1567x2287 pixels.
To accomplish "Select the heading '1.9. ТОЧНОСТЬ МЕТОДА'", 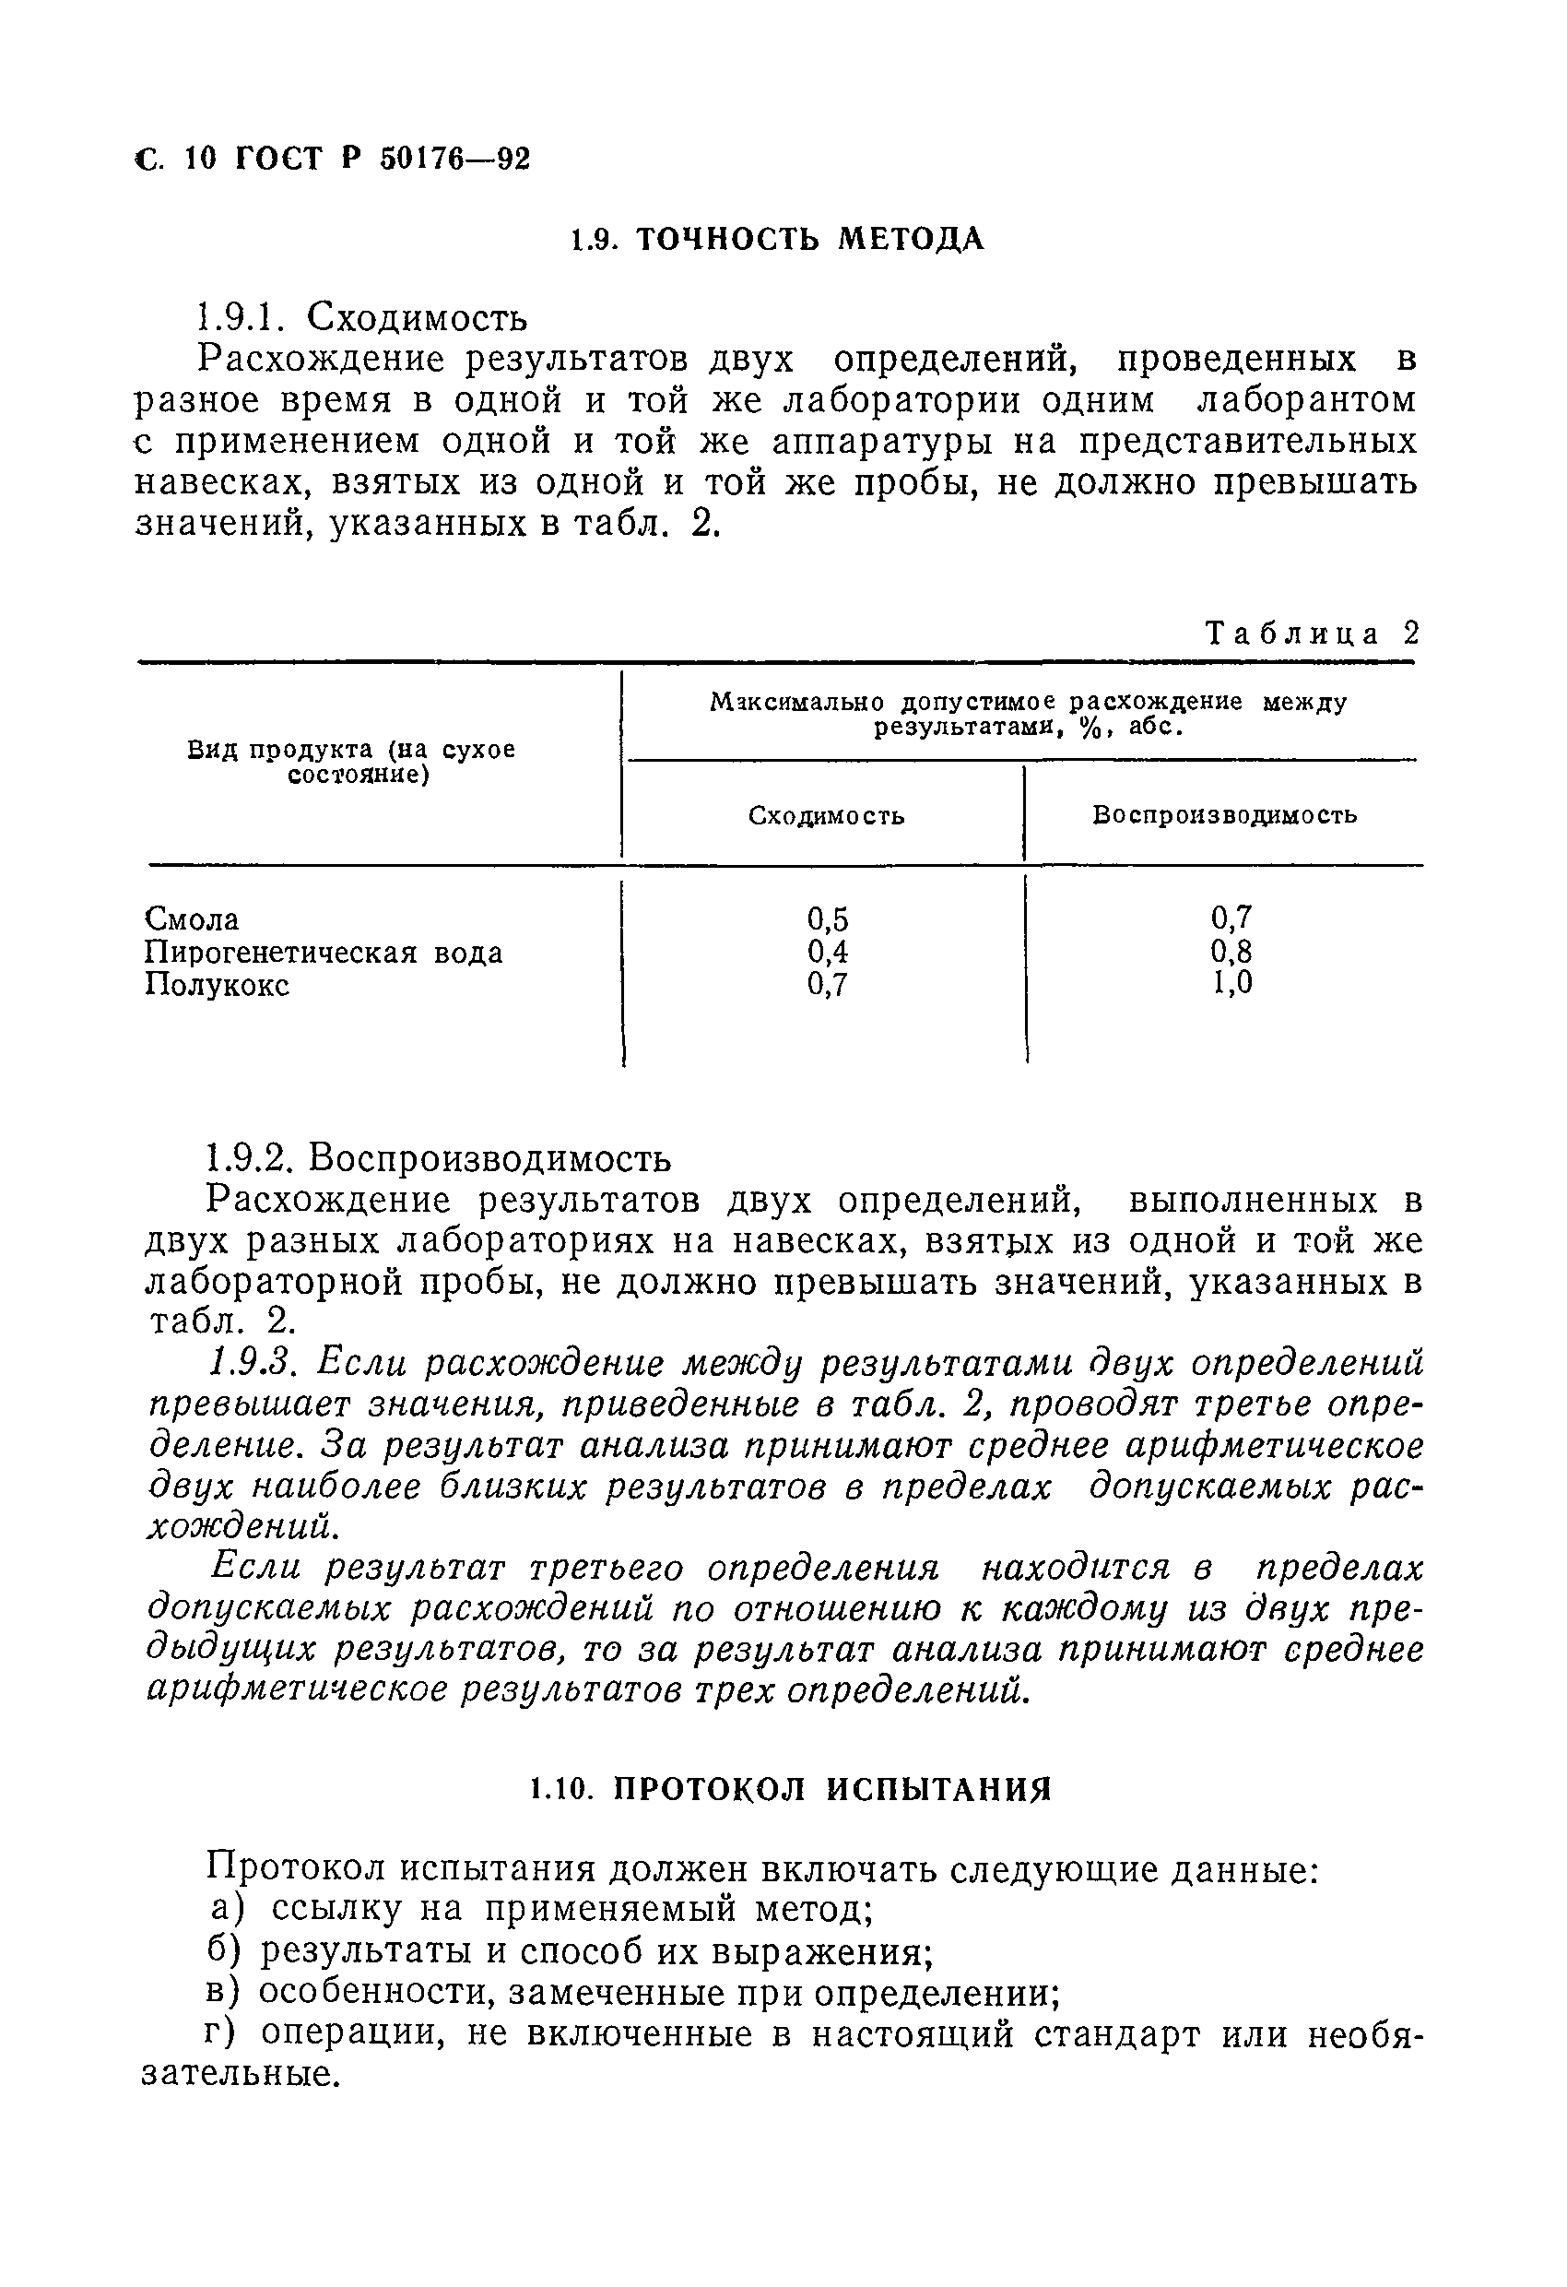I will (x=777, y=239).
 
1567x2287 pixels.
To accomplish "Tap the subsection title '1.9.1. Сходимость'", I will (x=360, y=318).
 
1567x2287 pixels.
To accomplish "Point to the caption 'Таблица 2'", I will (x=1313, y=633).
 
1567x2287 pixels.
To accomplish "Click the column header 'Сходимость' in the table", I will (x=826, y=816).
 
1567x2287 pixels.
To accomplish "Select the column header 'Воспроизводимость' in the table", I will (x=1224, y=815).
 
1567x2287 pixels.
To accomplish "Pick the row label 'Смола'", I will (x=193, y=919).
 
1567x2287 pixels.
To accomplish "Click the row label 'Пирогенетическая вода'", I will (x=324, y=953).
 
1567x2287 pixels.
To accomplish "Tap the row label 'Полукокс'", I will (x=218, y=985).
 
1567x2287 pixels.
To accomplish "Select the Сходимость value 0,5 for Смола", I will (x=827, y=919).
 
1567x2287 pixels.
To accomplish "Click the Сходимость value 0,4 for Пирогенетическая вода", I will (x=827, y=952).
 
